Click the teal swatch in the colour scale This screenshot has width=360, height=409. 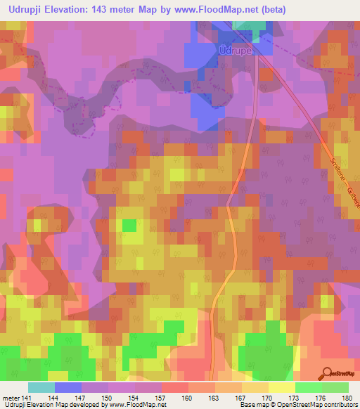(41, 387)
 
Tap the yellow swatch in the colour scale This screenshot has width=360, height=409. (282, 387)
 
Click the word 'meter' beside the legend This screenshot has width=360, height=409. (10, 397)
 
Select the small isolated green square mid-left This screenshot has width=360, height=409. (129, 225)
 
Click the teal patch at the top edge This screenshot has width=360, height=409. (251, 25)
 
